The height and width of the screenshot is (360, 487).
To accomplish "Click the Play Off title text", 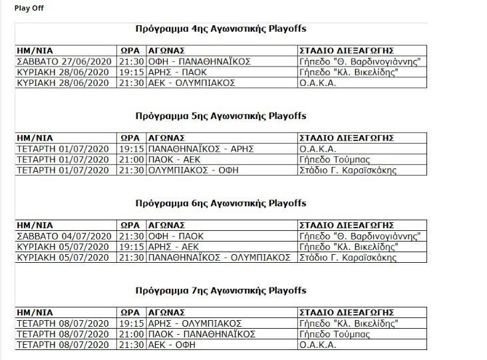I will pyautogui.click(x=29, y=8).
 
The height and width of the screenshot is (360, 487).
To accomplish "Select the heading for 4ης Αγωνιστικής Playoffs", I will pyautogui.click(x=220, y=29).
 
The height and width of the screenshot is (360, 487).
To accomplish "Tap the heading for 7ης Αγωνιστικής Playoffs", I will pyautogui.click(x=220, y=291).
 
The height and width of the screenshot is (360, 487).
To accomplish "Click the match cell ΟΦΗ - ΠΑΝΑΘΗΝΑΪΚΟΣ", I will pyautogui.click(x=199, y=62).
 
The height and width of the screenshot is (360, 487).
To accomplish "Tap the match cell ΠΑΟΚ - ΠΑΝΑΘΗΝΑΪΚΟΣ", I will pyautogui.click(x=202, y=334).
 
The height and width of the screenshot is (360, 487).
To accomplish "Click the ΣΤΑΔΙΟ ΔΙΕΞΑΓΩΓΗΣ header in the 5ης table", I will pyautogui.click(x=346, y=138).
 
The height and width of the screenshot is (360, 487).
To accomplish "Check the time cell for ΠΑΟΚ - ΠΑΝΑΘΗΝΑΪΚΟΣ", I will pyautogui.click(x=130, y=334).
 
